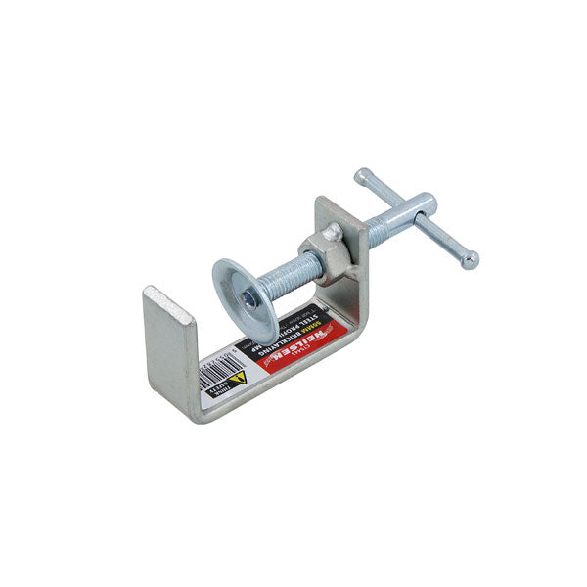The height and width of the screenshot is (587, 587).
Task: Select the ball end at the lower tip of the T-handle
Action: click(471, 259)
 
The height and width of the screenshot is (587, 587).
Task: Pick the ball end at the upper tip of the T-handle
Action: click(363, 176)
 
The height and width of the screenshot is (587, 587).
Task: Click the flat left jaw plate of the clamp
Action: click(169, 348)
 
